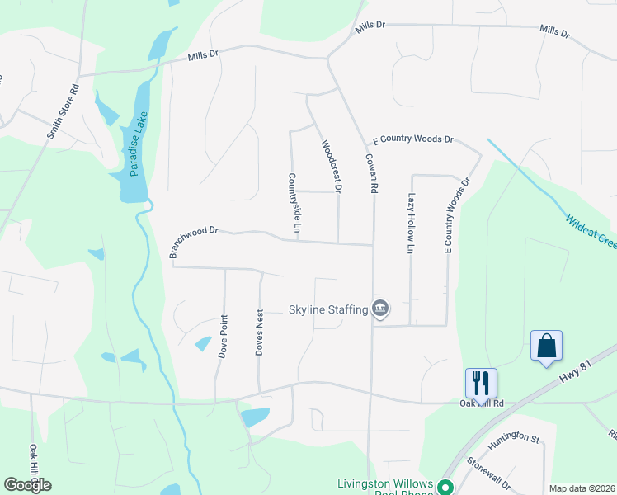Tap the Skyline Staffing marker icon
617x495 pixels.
379,309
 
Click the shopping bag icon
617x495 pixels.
546,346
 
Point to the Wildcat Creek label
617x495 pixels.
591,232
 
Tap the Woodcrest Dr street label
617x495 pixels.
331,166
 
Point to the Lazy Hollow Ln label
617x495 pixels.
411,224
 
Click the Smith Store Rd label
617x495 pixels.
64,111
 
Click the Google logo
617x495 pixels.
27,485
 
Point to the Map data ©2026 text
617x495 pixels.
582,488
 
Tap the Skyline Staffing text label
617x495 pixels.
327,310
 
